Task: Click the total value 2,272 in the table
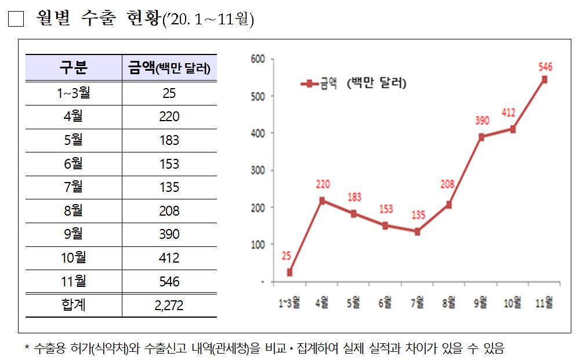coord(169,305)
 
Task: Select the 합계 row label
coord(74,305)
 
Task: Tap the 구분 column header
coord(74,68)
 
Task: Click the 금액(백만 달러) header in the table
coord(169,68)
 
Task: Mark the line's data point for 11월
coord(545,79)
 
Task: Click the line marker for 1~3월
coord(289,272)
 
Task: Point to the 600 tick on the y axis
coord(258,59)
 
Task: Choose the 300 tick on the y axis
coord(258,170)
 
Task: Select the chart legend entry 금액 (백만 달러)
coord(354,83)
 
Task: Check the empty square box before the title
coord(16,19)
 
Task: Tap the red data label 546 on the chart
coord(545,67)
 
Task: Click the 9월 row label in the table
coord(74,234)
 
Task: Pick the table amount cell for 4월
coord(169,117)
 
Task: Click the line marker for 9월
coord(481,137)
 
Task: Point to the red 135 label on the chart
coord(417,215)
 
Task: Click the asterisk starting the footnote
coord(27,349)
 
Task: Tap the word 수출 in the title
coord(97,19)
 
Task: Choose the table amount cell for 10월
coord(169,258)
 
